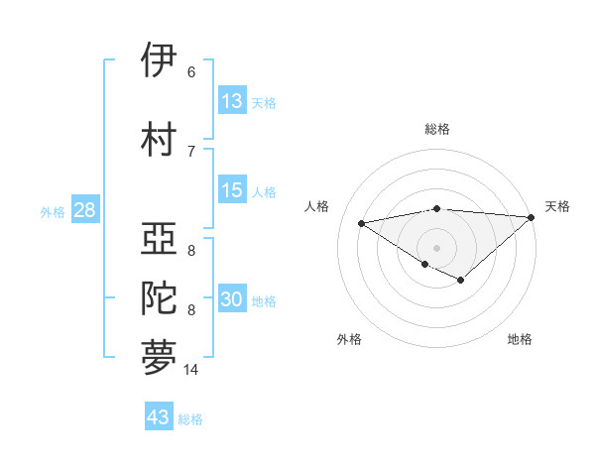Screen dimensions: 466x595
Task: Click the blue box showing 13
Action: pyautogui.click(x=232, y=101)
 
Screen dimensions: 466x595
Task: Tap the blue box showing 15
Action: pyautogui.click(x=232, y=190)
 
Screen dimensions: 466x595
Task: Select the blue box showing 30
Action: pyautogui.click(x=232, y=300)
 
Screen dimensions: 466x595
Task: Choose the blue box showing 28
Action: pyautogui.click(x=83, y=211)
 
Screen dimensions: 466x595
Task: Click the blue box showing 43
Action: pyautogui.click(x=159, y=417)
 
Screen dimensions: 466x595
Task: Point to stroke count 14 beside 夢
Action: pyautogui.click(x=191, y=370)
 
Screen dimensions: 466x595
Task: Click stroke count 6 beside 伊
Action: pyautogui.click(x=191, y=71)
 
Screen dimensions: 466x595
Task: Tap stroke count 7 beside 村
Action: pyautogui.click(x=191, y=151)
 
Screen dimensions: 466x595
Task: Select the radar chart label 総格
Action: pyautogui.click(x=436, y=129)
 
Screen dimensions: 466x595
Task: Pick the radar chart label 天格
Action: pyautogui.click(x=557, y=206)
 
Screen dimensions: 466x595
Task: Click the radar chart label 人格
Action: pyautogui.click(x=317, y=206)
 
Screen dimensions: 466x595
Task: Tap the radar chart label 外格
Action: pyautogui.click(x=349, y=339)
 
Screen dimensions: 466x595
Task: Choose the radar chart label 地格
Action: pyautogui.click(x=520, y=339)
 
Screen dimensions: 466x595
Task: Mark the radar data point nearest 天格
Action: pyautogui.click(x=533, y=217)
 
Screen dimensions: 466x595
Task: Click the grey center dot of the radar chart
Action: pyautogui.click(x=436, y=246)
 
